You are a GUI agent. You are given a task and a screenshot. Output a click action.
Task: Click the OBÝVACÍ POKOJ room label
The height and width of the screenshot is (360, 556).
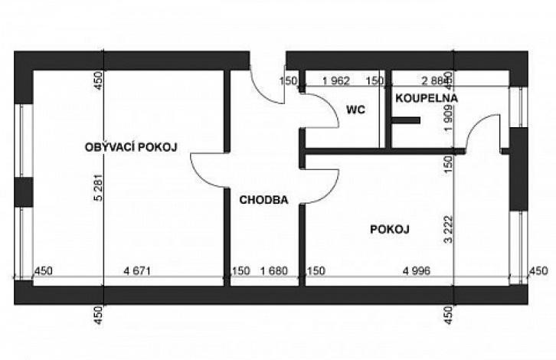(x=131, y=146)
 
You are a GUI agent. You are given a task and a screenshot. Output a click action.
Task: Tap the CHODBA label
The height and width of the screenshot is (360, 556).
(x=263, y=200)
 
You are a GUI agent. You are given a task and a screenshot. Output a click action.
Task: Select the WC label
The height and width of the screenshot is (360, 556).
(x=355, y=110)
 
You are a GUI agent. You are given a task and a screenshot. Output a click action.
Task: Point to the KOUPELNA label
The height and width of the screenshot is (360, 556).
(x=427, y=98)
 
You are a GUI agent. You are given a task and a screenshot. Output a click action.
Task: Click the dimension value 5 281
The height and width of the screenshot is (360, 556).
(x=99, y=187)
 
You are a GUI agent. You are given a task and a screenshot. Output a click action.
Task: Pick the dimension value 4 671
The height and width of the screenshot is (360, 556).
(x=137, y=271)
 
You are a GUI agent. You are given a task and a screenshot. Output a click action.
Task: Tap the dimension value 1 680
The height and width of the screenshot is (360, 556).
(x=273, y=271)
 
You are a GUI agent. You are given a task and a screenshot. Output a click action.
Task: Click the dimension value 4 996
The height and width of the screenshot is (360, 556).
(x=417, y=271)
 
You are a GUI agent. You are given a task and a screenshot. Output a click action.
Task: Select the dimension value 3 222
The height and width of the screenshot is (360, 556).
(x=449, y=229)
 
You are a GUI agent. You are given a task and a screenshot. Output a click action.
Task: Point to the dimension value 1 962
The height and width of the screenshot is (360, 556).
(x=336, y=81)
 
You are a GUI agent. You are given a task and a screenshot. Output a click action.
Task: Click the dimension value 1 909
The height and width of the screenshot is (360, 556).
(x=449, y=119)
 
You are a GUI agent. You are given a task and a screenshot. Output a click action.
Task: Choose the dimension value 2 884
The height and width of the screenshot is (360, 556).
(x=433, y=81)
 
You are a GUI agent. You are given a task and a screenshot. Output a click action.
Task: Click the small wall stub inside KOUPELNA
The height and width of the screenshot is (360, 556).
(x=406, y=120)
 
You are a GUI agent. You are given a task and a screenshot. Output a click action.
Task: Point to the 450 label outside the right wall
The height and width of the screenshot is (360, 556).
(x=538, y=271)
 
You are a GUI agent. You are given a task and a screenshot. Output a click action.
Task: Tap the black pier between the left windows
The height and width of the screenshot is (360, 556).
(x=24, y=192)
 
